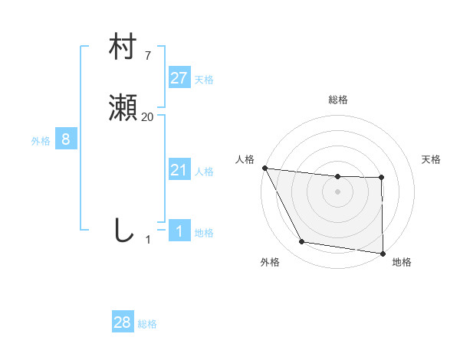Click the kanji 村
(x=123, y=47)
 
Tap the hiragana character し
(x=123, y=230)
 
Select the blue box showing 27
(x=179, y=77)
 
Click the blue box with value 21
(x=179, y=170)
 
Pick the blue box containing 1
(x=179, y=231)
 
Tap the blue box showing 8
(x=66, y=139)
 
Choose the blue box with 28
(x=123, y=322)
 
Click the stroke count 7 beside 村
(x=147, y=55)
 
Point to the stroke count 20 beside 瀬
(x=148, y=116)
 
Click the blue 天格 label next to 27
(x=204, y=79)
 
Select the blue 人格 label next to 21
(x=204, y=172)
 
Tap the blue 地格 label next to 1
(x=204, y=233)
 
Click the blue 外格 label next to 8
(x=41, y=141)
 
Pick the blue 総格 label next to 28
(x=147, y=324)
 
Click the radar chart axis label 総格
(x=338, y=100)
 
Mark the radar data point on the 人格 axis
(x=264, y=168)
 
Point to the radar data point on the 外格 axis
(x=302, y=242)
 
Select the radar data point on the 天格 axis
(x=381, y=178)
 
